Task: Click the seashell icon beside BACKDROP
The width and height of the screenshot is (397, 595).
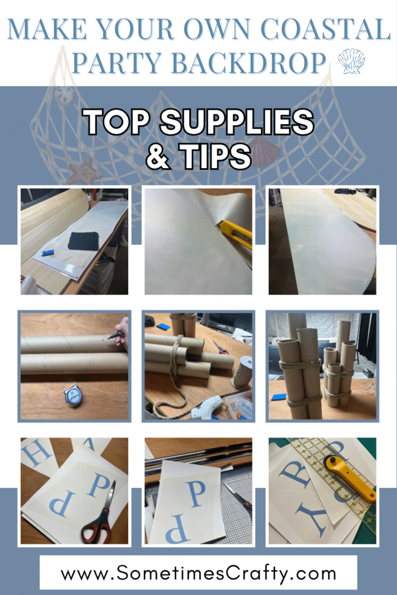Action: [x=351, y=61]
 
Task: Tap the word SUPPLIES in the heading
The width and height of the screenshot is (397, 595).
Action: [x=236, y=122]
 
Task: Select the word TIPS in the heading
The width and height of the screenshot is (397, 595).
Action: [x=215, y=156]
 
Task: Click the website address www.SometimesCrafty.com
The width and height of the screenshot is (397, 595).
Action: [x=198, y=572]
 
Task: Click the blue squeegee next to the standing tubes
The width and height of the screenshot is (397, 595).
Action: [x=279, y=397]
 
